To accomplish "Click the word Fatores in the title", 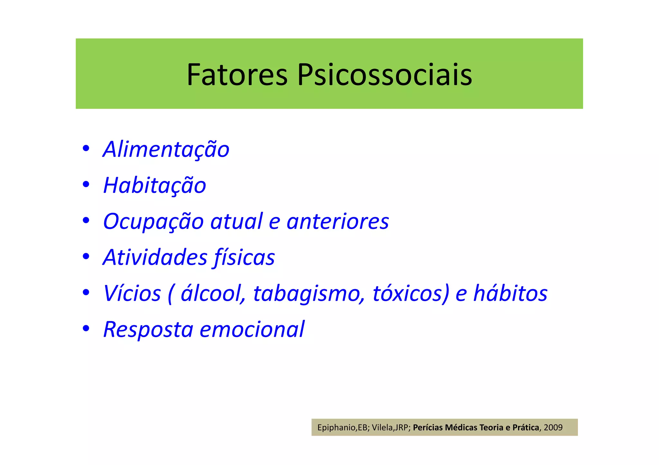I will [x=237, y=75].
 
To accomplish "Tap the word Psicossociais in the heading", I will [x=385, y=75].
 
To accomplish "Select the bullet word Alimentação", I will [x=166, y=149].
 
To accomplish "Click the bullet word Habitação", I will [x=154, y=185].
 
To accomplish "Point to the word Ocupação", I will [x=153, y=222].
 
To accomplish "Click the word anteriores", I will [x=338, y=222].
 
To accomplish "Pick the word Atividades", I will [x=155, y=257].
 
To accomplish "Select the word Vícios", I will [x=132, y=293].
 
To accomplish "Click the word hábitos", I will [x=510, y=293].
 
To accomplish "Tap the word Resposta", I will [x=148, y=330].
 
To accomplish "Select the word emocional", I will [x=252, y=330].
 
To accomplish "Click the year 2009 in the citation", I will [x=553, y=427].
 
